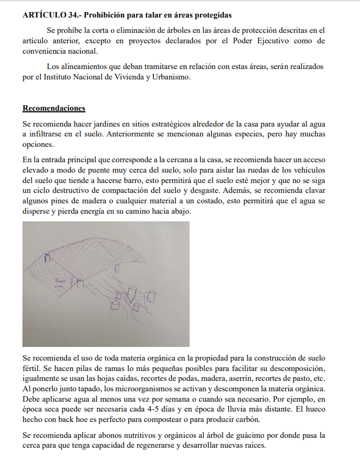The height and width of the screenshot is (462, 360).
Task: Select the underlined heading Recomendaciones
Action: point(54,108)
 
